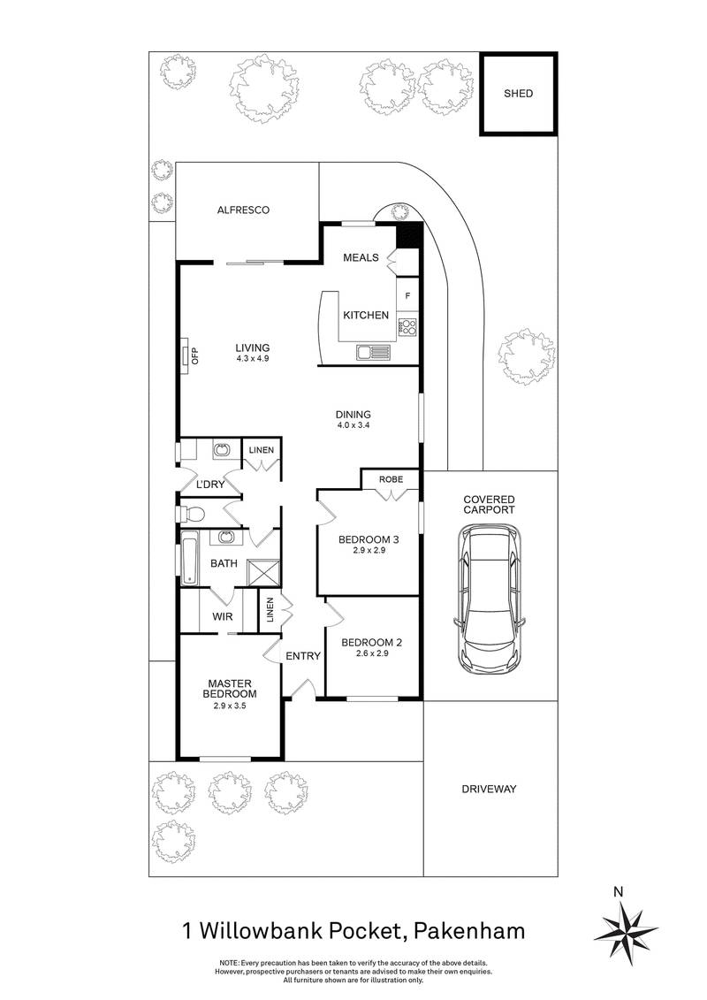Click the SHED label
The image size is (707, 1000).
click(x=519, y=93)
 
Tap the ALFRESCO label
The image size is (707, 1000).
click(x=243, y=210)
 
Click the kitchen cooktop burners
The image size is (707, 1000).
click(x=407, y=327)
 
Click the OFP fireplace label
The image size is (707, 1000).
click(x=195, y=355)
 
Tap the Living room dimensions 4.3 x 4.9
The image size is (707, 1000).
click(x=253, y=359)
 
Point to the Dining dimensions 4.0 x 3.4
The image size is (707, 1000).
click(x=353, y=425)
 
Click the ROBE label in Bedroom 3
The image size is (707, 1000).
click(x=392, y=479)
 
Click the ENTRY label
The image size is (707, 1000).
click(x=302, y=656)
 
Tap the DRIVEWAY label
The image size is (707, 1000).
click(x=490, y=789)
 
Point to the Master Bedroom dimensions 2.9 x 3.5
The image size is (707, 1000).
click(x=232, y=705)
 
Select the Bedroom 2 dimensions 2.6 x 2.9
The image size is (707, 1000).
click(x=371, y=653)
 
